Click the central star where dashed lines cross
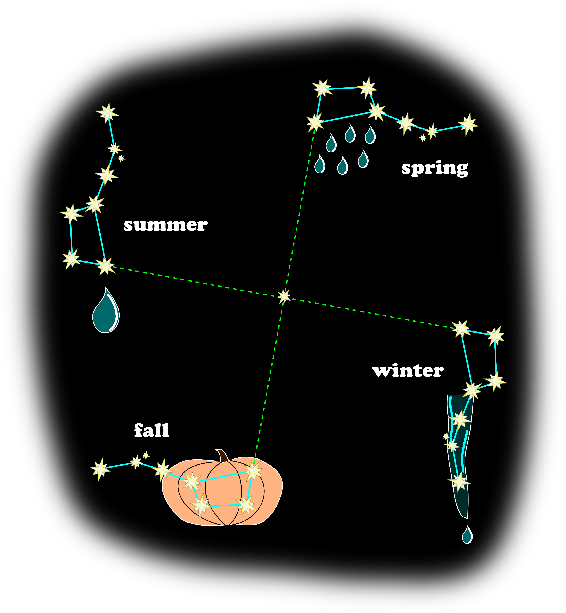(284, 296)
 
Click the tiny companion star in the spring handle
(423, 138)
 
